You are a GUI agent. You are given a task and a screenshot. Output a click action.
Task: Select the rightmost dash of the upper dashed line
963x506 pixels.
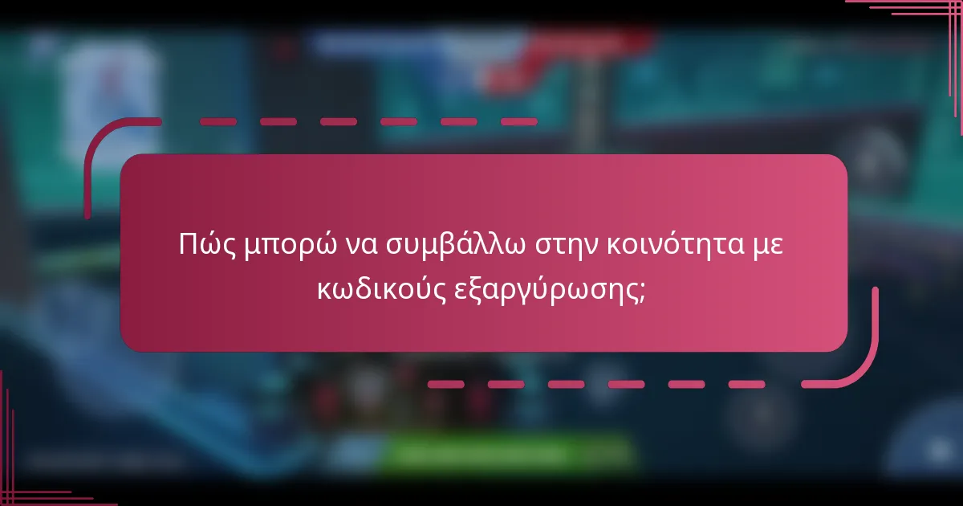point(518,122)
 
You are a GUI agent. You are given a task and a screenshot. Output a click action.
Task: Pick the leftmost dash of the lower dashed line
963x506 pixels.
point(445,384)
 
